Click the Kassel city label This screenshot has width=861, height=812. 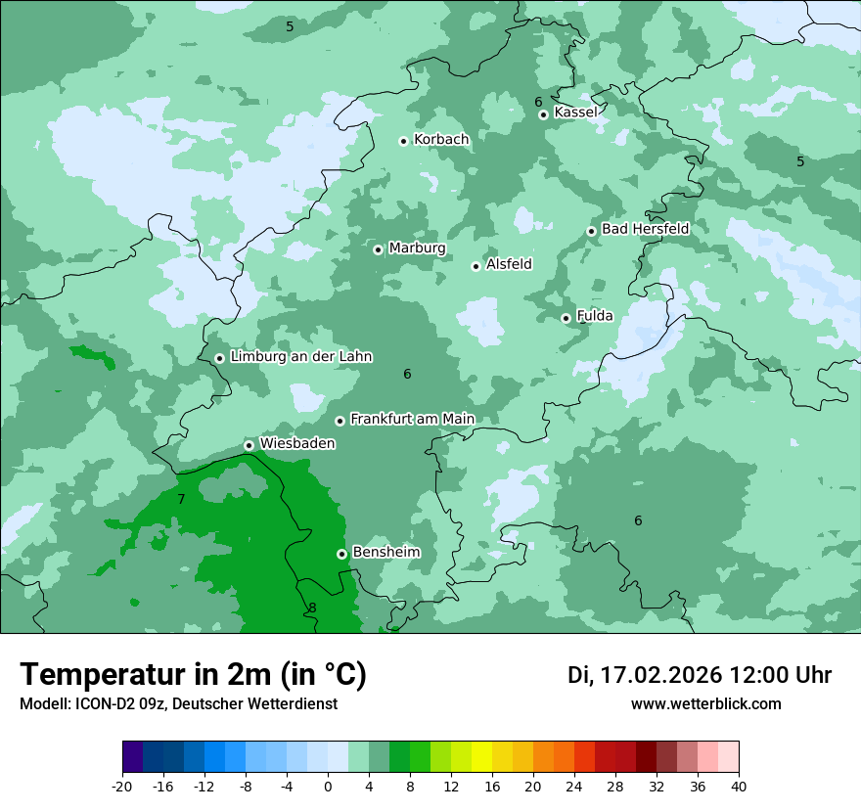(575, 113)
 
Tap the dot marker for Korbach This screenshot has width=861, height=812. (403, 141)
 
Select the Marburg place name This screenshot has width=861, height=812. (417, 248)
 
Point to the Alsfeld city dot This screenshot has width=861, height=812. (476, 266)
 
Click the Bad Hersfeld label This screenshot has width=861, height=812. (645, 229)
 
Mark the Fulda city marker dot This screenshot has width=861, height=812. (566, 318)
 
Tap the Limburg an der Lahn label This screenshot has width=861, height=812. (300, 357)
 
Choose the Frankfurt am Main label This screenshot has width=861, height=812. (412, 419)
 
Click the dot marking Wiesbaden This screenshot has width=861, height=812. (249, 445)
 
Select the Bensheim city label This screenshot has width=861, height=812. (385, 552)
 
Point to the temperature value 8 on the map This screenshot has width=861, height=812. (312, 608)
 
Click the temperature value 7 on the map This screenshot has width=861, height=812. (181, 500)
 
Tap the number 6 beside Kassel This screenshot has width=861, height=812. (538, 102)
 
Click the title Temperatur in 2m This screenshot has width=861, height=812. (193, 674)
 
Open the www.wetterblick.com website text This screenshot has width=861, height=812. (705, 703)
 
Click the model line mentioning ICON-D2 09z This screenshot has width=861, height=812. (178, 703)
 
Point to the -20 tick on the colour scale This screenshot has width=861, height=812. (122, 786)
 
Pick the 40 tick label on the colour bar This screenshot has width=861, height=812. (738, 786)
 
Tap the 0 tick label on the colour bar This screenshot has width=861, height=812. (328, 786)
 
